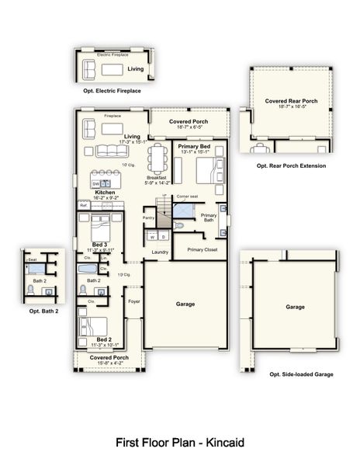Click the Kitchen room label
coord(105,192)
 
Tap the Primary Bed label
coord(194,146)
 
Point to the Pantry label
coord(149,218)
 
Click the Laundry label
coord(161,252)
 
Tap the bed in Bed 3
coord(98,228)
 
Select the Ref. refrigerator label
coord(83,205)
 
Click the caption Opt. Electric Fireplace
coord(112,91)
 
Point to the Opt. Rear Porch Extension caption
coord(291,166)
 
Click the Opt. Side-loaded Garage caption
coord(300,374)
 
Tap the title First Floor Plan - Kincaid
coord(180,443)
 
